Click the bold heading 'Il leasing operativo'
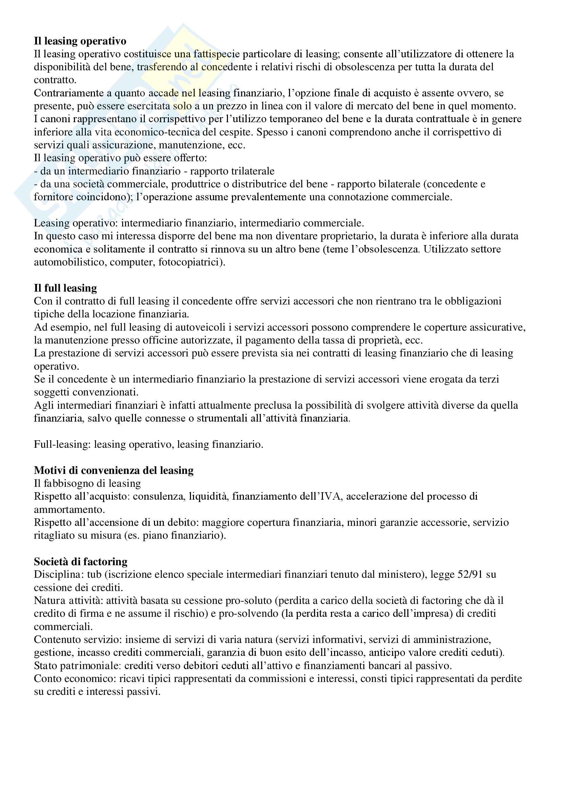[80, 41]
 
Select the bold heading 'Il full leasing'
[65, 288]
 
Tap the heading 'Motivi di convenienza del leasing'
[114, 470]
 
